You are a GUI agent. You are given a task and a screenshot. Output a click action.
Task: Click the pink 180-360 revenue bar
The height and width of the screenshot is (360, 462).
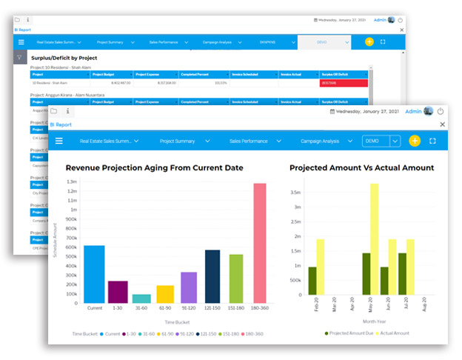tap(259, 244)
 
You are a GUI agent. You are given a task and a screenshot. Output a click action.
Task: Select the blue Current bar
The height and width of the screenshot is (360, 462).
tap(94, 274)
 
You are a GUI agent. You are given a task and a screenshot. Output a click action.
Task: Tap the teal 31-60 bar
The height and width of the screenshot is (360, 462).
tap(141, 299)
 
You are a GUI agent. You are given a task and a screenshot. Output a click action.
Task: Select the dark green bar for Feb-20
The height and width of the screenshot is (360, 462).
tap(312, 281)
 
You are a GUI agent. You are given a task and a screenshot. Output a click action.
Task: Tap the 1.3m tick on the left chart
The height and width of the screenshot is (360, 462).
tap(72, 181)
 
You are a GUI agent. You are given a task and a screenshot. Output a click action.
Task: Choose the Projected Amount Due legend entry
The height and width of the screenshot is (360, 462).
tap(352, 333)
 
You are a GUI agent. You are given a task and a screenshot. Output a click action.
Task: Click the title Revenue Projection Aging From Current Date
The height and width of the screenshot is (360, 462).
tap(154, 168)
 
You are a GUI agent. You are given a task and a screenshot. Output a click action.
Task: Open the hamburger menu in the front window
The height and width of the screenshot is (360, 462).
tap(59, 141)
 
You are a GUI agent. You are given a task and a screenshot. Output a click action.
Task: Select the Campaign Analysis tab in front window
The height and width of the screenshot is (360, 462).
tap(320, 141)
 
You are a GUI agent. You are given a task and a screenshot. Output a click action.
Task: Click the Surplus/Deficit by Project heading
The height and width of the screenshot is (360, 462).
tap(64, 57)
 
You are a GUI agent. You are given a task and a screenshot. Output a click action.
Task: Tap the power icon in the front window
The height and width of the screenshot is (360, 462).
tap(440, 112)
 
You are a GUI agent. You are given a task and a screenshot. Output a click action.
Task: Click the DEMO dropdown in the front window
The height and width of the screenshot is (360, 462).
tap(381, 141)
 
